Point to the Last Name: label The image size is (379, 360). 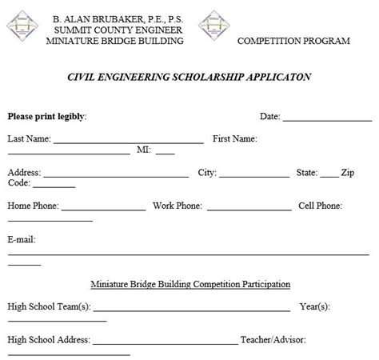point(29,138)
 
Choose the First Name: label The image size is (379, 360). point(234,138)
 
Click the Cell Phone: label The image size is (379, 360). point(320,206)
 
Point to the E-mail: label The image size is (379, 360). point(22,239)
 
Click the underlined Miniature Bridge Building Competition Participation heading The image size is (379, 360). point(190,284)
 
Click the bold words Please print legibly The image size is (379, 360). point(46,116)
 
